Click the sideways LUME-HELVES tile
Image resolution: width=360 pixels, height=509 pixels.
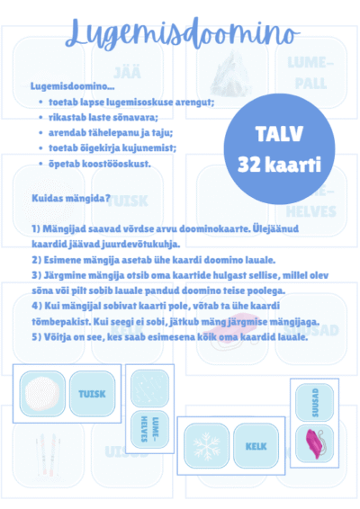(148, 434)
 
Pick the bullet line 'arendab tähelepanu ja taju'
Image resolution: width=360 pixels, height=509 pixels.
(117, 132)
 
